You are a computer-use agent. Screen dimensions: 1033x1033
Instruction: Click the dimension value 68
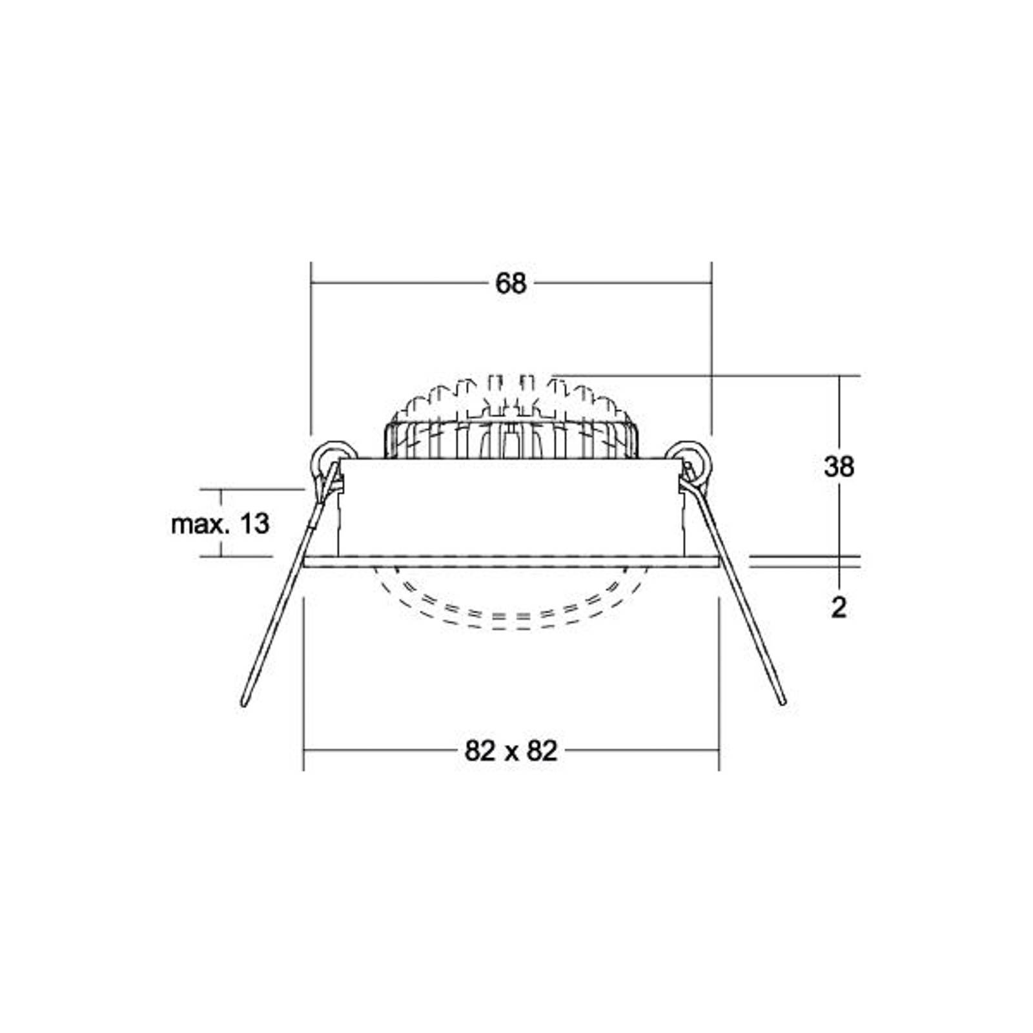tap(511, 283)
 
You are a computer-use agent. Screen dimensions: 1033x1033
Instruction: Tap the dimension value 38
tap(839, 466)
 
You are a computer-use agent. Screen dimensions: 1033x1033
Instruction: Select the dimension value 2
tap(838, 608)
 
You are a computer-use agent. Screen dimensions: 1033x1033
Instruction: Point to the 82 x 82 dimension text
tap(511, 751)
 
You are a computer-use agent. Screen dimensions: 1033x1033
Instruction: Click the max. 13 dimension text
tap(220, 524)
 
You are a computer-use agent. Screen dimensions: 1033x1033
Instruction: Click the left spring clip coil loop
tap(331, 457)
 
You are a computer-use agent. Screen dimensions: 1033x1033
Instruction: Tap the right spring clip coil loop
tap(691, 457)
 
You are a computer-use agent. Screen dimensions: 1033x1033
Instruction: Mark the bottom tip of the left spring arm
tap(244, 703)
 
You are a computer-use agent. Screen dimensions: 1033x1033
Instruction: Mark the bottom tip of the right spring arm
tap(783, 702)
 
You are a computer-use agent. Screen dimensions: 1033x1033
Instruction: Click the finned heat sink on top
tap(510, 420)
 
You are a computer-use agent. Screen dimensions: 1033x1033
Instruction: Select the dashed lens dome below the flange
tap(510, 607)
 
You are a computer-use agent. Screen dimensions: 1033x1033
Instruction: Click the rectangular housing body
tap(510, 507)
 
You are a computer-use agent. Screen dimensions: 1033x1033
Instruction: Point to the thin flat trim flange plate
tap(510, 561)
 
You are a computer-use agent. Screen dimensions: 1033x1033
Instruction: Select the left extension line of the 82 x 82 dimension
tap(303, 684)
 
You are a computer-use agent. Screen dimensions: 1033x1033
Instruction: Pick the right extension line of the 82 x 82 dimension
tap(719, 684)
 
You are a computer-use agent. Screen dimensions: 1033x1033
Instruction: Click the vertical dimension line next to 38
tap(839, 413)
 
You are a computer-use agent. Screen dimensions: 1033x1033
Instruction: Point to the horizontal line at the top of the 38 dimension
tap(710, 375)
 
